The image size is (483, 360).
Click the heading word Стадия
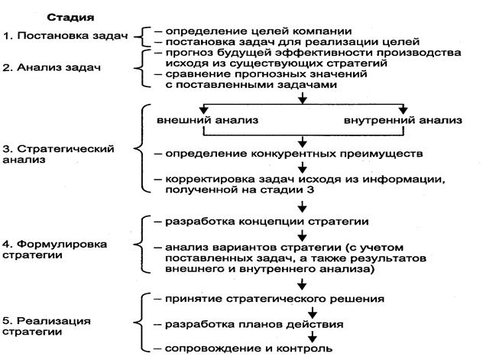tap(70, 18)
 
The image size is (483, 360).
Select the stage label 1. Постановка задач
tap(65, 36)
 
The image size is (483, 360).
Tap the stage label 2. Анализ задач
tap(51, 67)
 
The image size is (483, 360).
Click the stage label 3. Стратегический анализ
tap(58, 154)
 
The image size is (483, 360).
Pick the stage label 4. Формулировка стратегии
tap(55, 250)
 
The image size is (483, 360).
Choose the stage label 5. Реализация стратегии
tap(47, 326)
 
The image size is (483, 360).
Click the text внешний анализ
tap(207, 120)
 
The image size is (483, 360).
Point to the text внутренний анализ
tap(403, 120)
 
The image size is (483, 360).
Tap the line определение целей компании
tap(258, 31)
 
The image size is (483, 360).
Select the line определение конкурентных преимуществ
tap(294, 154)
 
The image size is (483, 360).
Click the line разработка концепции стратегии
tap(267, 222)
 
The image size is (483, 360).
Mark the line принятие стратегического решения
tap(274, 299)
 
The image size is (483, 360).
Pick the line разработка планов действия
tap(254, 325)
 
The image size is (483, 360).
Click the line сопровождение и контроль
tap(249, 349)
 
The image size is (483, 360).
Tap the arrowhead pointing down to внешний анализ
tap(203, 111)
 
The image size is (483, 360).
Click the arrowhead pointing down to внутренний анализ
tap(404, 111)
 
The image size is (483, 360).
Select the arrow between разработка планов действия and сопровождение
tap(313, 336)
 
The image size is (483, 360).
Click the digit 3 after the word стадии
tap(310, 190)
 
